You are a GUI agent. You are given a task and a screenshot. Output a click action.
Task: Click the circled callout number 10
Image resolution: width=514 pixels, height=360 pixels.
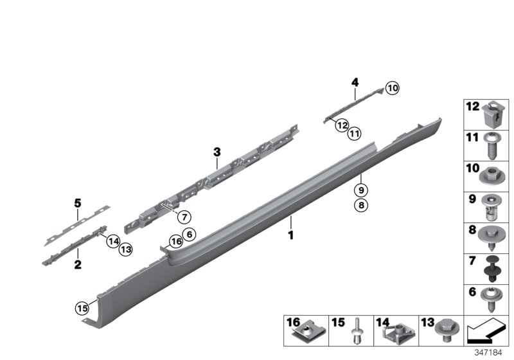click(x=393, y=89)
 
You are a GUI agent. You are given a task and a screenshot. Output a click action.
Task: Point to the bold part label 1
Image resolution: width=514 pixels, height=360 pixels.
click(x=290, y=236)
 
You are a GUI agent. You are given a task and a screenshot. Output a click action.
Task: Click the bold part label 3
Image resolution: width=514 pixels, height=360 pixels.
click(x=217, y=152)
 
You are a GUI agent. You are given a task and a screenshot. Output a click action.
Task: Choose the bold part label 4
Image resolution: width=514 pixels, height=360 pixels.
click(x=354, y=82)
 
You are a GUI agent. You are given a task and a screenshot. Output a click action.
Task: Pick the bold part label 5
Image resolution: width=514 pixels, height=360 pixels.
click(x=78, y=204)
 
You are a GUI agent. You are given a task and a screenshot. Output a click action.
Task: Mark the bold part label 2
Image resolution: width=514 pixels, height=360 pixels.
click(x=78, y=263)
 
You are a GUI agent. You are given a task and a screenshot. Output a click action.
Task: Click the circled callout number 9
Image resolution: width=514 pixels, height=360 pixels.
click(x=361, y=190)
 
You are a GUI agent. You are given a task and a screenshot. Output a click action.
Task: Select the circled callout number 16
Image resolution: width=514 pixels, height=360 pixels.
click(x=175, y=242)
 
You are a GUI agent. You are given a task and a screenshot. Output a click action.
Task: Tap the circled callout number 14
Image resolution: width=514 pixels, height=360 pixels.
click(x=113, y=241)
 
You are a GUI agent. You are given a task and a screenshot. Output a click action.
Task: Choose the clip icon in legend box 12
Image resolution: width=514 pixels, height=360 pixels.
click(x=492, y=115)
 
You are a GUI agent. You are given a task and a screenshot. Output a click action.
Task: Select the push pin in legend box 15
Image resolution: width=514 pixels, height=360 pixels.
click(x=358, y=332)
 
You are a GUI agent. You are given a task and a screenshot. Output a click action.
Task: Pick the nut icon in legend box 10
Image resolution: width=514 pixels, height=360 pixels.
click(x=492, y=174)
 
